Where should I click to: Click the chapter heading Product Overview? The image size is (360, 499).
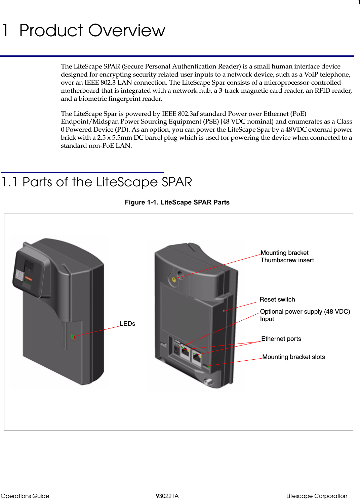pos(92,31)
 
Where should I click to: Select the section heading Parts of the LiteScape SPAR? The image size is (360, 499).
pos(107,182)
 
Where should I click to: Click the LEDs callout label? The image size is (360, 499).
pos(127,323)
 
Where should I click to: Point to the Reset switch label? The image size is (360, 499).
pos(277,299)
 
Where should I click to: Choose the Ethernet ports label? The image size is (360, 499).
pos(281,338)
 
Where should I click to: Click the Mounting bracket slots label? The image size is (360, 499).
pos(293,357)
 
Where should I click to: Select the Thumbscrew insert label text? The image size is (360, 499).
pos(287,260)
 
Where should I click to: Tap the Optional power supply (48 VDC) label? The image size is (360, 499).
pos(305,312)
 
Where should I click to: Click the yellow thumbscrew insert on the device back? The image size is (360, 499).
pos(174,279)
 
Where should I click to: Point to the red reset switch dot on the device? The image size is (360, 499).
pos(224,311)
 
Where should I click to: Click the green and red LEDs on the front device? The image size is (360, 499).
pos(73,336)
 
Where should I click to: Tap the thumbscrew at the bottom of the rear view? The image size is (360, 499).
pos(208,381)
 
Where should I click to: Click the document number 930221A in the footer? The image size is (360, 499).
pos(167,496)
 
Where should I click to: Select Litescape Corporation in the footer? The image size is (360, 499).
pos(316,496)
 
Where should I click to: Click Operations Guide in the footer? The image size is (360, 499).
pos(25,496)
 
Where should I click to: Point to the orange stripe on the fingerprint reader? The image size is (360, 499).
pos(29,279)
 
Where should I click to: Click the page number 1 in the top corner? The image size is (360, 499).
pos(359,3)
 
